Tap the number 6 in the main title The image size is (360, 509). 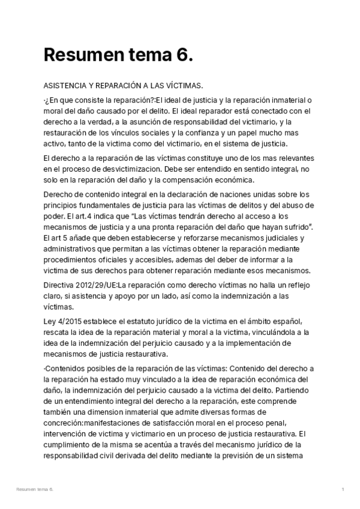(184, 55)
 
